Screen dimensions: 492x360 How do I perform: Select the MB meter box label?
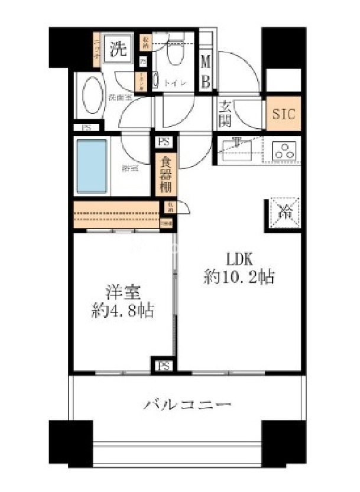pos(205,71)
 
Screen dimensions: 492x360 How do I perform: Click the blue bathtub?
pos(92,165)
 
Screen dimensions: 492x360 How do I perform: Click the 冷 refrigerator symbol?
pos(284,212)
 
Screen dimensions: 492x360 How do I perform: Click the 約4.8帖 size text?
pos(122,311)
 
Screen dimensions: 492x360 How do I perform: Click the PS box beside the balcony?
pos(163,366)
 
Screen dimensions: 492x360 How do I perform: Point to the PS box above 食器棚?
pos(163,142)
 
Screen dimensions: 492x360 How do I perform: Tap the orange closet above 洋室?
pos(116,213)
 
